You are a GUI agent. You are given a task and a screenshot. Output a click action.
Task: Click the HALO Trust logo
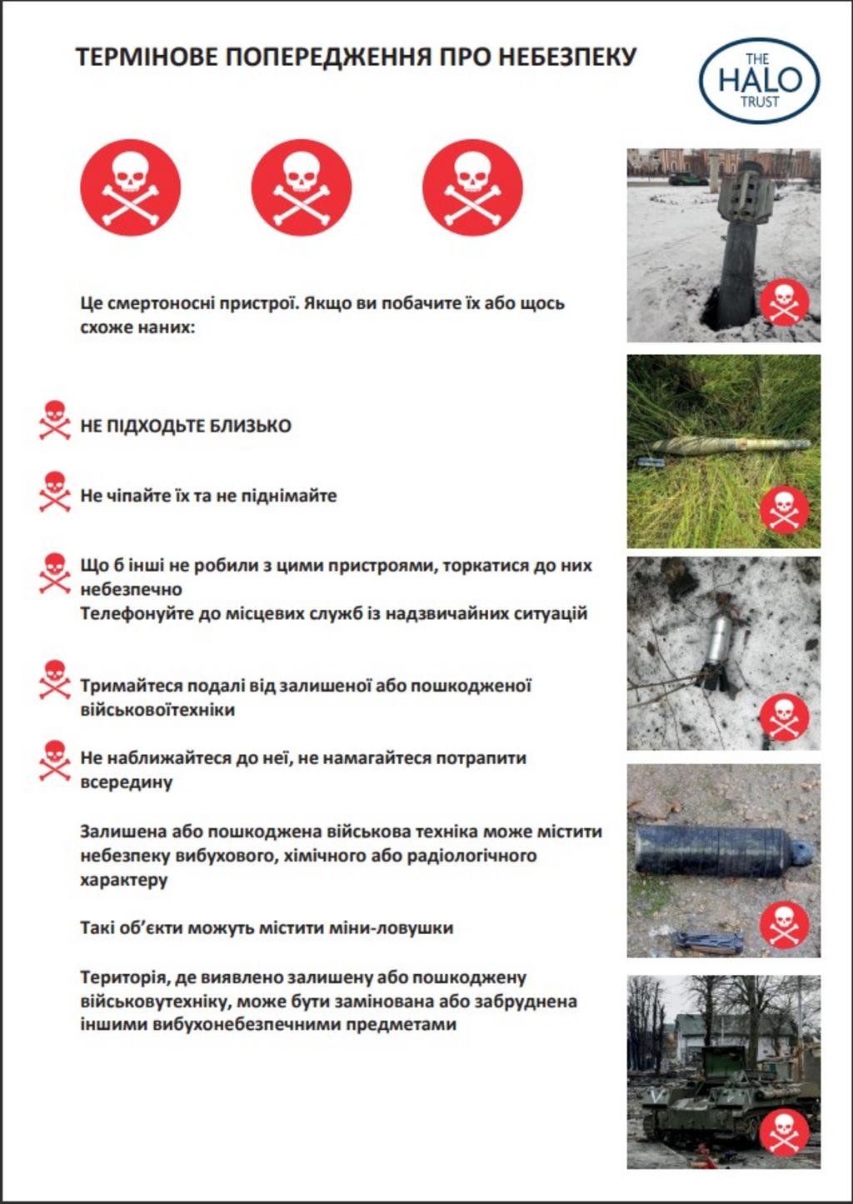click(x=759, y=81)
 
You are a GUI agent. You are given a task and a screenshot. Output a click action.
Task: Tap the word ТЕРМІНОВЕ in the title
click(x=147, y=57)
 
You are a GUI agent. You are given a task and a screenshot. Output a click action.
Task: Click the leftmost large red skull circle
click(x=130, y=187)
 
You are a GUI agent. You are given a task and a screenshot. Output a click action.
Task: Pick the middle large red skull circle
click(x=302, y=187)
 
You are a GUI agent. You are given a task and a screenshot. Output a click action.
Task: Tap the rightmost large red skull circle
click(x=472, y=187)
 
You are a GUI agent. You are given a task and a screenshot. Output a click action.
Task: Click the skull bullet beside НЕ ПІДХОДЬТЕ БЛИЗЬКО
click(x=55, y=420)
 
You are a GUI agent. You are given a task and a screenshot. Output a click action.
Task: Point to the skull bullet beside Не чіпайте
click(x=55, y=492)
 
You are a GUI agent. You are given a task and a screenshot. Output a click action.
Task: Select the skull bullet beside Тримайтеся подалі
click(x=55, y=680)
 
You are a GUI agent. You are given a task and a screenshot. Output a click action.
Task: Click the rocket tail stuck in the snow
click(x=740, y=242)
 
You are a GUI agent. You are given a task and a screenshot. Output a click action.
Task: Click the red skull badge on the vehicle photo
click(x=784, y=1132)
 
